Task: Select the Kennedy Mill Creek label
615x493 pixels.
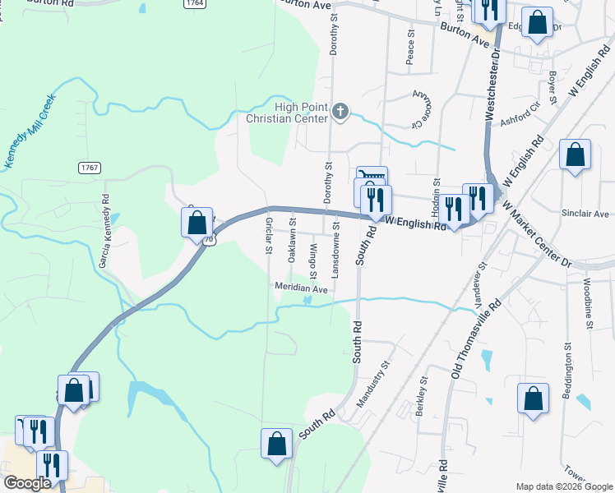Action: [x=30, y=131]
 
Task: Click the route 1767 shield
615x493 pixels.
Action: [x=90, y=168]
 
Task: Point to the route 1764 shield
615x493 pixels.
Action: [x=195, y=3]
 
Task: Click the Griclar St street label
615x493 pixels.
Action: [x=269, y=235]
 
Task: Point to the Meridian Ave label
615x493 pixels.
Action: [x=301, y=289]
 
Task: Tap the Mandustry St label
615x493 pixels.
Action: [x=372, y=385]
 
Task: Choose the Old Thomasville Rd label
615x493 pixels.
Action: [x=476, y=339]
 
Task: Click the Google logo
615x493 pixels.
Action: [x=27, y=483]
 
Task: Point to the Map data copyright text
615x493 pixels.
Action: [x=564, y=486]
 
